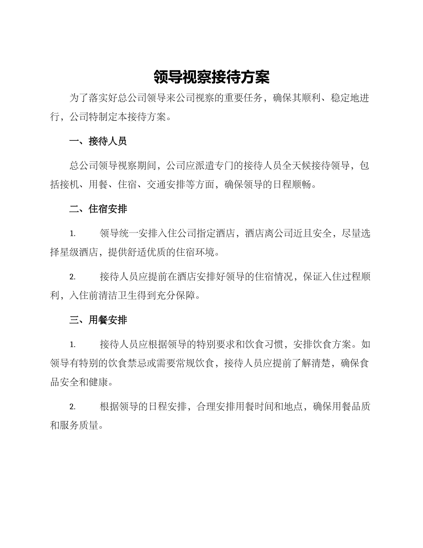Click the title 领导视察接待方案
[x=211, y=77]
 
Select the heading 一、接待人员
[x=98, y=142]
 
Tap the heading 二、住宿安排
[x=98, y=209]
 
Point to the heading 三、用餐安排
[x=98, y=320]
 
